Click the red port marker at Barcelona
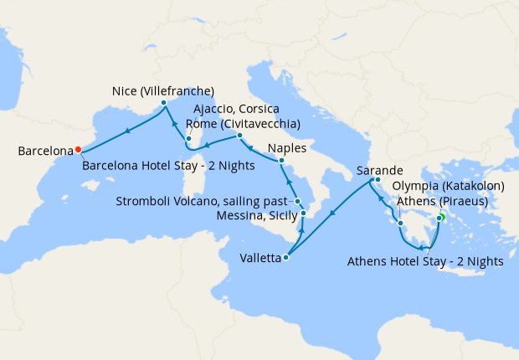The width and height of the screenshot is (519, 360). [x=78, y=150]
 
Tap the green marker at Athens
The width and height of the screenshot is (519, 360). [x=439, y=220]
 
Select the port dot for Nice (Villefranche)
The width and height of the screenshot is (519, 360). [x=164, y=103]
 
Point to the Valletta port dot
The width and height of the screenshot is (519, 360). [x=285, y=258]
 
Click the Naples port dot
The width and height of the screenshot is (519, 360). [x=281, y=160]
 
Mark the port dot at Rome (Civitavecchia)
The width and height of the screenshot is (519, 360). [x=239, y=136]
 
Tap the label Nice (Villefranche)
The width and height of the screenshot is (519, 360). [x=163, y=90]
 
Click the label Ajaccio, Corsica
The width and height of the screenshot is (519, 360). [x=236, y=111]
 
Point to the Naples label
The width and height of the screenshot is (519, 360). [x=287, y=147]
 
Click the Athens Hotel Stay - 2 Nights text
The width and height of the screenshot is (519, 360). [x=424, y=261]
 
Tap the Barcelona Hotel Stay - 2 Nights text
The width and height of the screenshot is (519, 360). [x=168, y=166]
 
